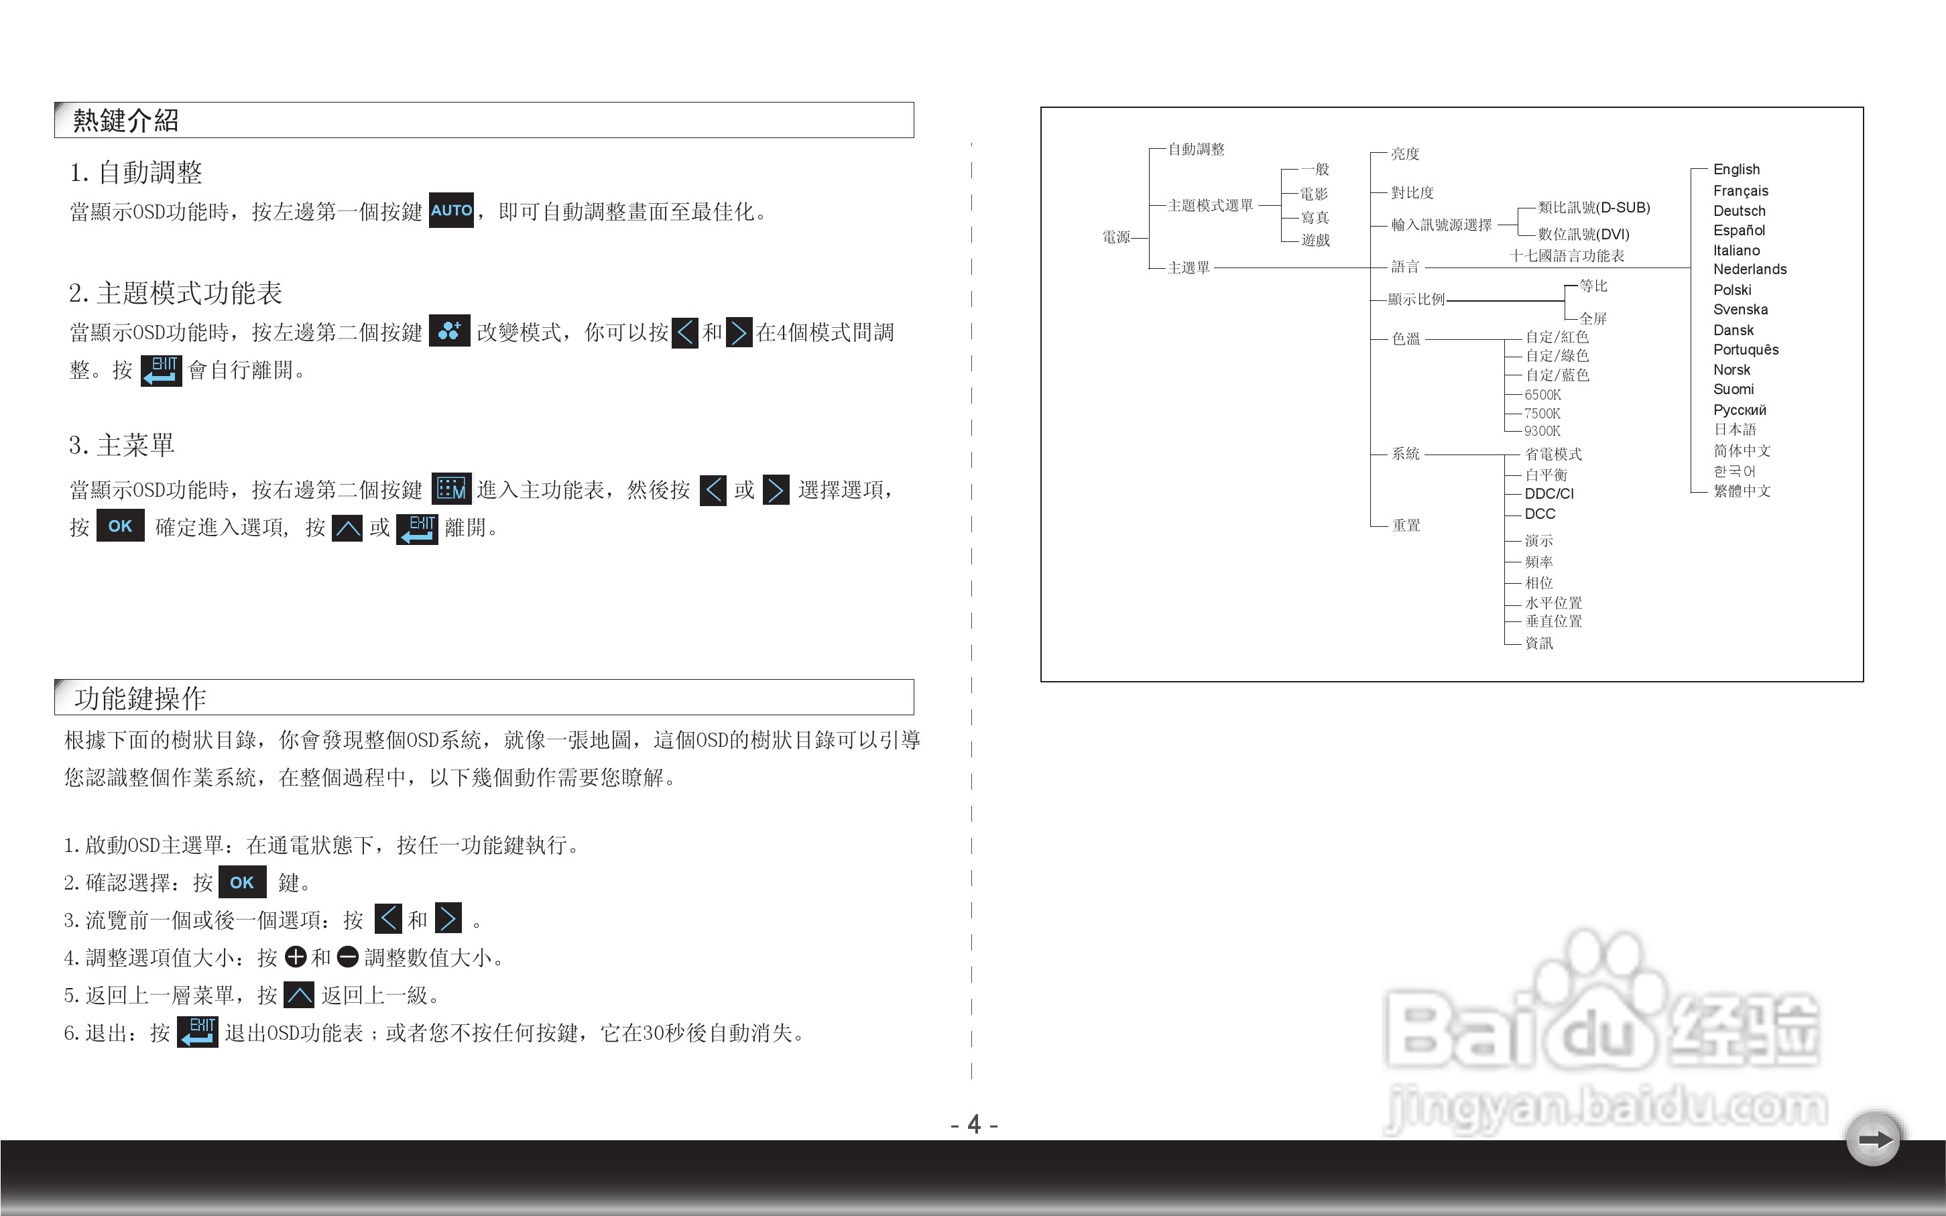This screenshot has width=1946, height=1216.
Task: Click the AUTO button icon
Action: (451, 210)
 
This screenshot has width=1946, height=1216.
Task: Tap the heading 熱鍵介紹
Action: (125, 121)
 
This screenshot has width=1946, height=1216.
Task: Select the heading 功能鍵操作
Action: (140, 698)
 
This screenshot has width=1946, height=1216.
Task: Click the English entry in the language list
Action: (1736, 170)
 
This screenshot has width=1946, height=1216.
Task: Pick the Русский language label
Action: (1740, 410)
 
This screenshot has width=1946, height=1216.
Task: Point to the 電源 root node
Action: (1115, 237)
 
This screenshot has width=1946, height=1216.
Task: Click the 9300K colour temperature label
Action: (1542, 431)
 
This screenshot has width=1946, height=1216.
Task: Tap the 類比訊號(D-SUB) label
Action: (1593, 208)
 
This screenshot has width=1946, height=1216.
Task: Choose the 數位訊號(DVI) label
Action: (1583, 234)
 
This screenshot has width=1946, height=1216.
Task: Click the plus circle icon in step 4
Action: (296, 957)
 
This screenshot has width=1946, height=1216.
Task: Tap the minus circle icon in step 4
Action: (347, 957)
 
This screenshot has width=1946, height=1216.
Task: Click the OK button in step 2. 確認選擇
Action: (241, 882)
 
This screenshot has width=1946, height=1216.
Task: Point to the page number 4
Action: (974, 1123)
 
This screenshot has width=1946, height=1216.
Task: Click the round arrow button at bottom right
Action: (1874, 1140)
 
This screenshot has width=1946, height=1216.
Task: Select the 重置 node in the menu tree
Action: (1406, 525)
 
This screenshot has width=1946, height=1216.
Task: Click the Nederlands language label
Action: (1749, 269)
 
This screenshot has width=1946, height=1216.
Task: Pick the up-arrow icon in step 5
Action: (299, 995)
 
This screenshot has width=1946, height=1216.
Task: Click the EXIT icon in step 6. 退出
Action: (198, 1032)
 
